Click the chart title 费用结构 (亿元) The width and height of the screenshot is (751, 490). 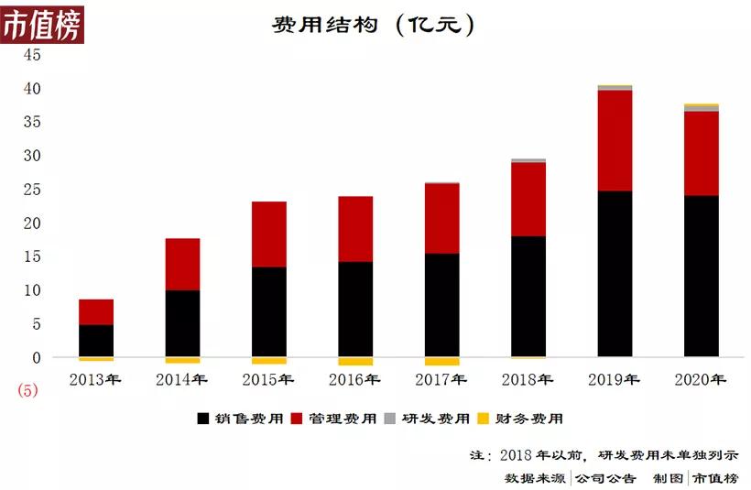374,25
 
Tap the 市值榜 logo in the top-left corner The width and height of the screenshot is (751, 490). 42,24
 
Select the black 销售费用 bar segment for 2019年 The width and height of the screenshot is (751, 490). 615,274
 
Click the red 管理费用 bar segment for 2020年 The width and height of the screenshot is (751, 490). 701,153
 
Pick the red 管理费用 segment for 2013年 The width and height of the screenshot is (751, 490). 96,311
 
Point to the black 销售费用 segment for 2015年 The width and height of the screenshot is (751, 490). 269,311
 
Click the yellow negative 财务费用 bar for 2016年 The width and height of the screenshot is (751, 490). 355,361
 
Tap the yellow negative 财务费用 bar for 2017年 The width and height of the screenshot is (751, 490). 441,361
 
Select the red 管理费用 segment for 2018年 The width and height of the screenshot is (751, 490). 528,199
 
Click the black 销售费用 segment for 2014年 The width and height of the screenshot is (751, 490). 182,323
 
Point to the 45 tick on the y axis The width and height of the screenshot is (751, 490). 32,55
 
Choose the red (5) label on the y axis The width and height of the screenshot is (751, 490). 27,390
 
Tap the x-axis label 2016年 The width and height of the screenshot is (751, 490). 354,379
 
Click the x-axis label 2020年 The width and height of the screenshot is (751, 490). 700,379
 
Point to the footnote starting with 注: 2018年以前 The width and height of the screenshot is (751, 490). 604,454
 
